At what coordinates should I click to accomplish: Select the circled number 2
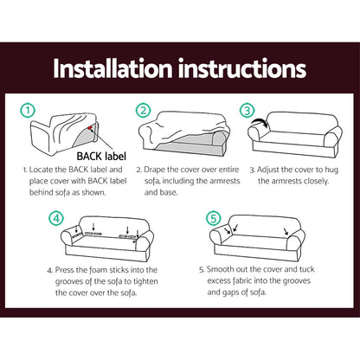click(x=145, y=112)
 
